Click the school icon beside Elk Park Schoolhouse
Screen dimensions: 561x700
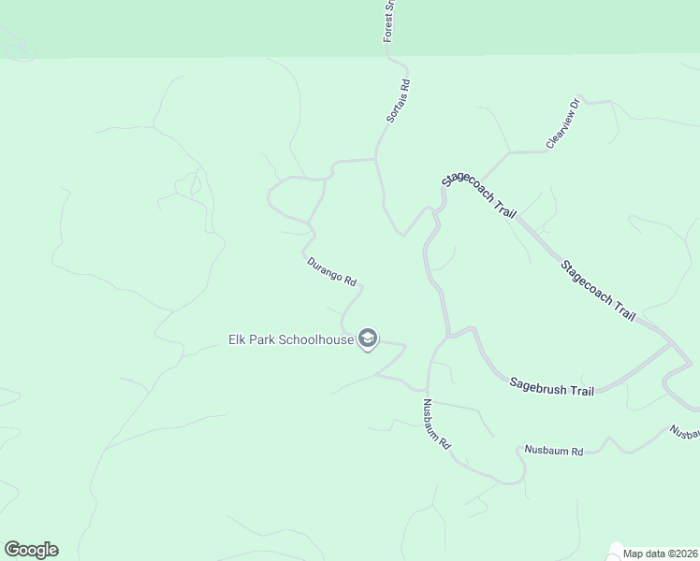click(x=368, y=338)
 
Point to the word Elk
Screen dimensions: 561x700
click(x=238, y=338)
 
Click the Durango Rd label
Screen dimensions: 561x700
click(x=332, y=271)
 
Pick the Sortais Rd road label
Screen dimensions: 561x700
click(x=399, y=101)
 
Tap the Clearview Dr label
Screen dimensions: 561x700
click(x=563, y=124)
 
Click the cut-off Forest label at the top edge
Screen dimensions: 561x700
click(x=390, y=21)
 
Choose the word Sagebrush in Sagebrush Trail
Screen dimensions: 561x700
click(x=539, y=384)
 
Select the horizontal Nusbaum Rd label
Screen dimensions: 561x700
click(x=555, y=452)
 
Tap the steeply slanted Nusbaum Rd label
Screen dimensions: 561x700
click(x=437, y=424)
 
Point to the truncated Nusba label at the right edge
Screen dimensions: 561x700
click(x=684, y=433)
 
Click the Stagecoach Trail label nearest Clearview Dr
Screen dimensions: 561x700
click(x=479, y=194)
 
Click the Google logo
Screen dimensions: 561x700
click(x=31, y=550)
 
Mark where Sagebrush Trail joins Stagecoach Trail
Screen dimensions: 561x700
click(x=670, y=345)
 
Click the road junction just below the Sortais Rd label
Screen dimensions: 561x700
click(x=376, y=160)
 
